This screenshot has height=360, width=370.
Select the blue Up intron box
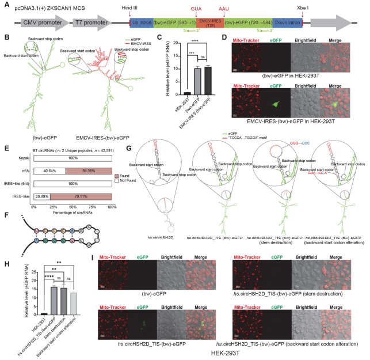[142, 22]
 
